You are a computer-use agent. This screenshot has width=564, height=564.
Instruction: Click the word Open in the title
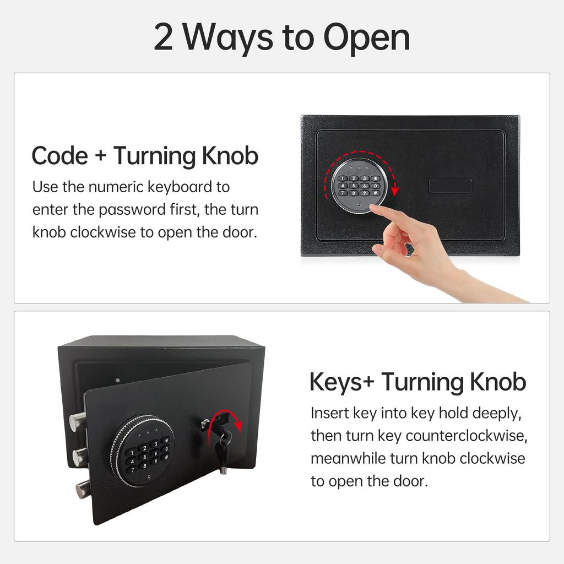tap(366, 39)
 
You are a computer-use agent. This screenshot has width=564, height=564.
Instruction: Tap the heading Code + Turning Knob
tap(145, 156)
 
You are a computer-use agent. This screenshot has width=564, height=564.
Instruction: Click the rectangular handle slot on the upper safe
tap(450, 186)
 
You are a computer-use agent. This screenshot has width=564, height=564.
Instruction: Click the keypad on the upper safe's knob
tap(360, 186)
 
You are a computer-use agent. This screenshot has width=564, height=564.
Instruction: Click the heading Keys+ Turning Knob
tap(417, 382)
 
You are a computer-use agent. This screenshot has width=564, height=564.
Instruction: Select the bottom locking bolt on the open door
tap(83, 489)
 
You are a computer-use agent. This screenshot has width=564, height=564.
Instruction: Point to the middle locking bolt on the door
tap(79, 457)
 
